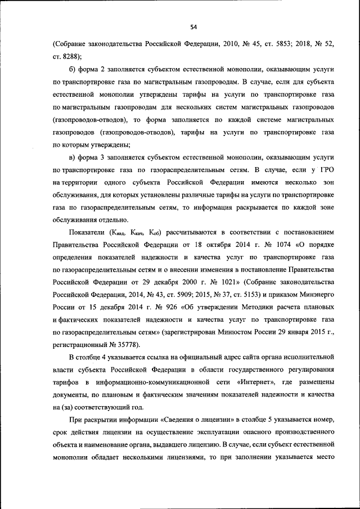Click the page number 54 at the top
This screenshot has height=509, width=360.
(x=193, y=26)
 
